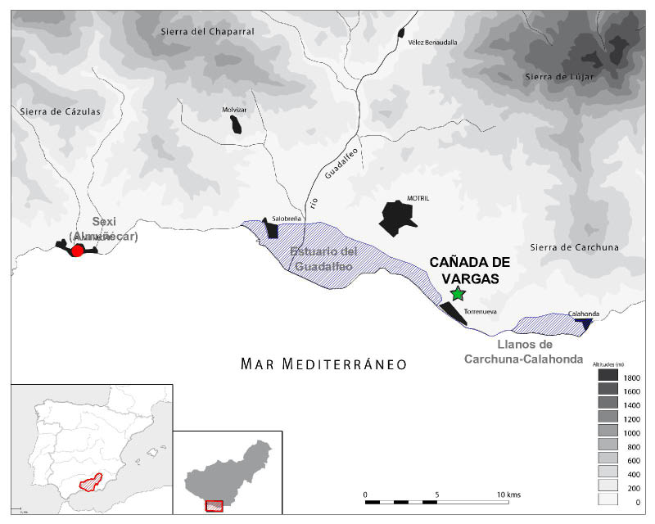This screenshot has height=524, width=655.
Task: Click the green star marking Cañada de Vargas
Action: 458,293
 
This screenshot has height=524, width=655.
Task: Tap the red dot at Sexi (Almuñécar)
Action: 77,251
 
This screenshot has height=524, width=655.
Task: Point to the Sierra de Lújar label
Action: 557,77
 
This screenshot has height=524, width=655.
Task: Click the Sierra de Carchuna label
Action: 574,247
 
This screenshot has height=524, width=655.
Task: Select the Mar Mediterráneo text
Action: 323,364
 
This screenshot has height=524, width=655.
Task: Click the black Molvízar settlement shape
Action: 236,124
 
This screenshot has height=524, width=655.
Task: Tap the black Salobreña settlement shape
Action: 271,228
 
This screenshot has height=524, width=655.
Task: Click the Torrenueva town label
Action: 481,312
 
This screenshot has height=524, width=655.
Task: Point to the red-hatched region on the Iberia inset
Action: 97,481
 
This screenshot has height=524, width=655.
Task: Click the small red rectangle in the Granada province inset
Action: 214,505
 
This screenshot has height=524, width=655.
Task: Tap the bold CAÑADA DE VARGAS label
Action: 469,270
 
